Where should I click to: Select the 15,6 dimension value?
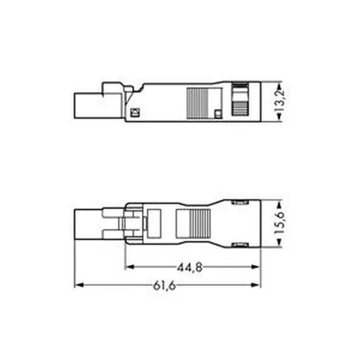point(279,223)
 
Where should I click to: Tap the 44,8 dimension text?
point(189,268)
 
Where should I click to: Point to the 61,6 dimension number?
point(164,285)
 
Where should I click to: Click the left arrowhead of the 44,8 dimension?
point(130,267)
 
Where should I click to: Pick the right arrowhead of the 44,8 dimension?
point(255,267)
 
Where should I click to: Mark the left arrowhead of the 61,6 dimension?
point(79,285)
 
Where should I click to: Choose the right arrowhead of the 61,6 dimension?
point(255,285)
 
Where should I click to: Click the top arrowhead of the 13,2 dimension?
point(279,86)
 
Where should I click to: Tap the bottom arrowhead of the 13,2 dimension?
point(279,117)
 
